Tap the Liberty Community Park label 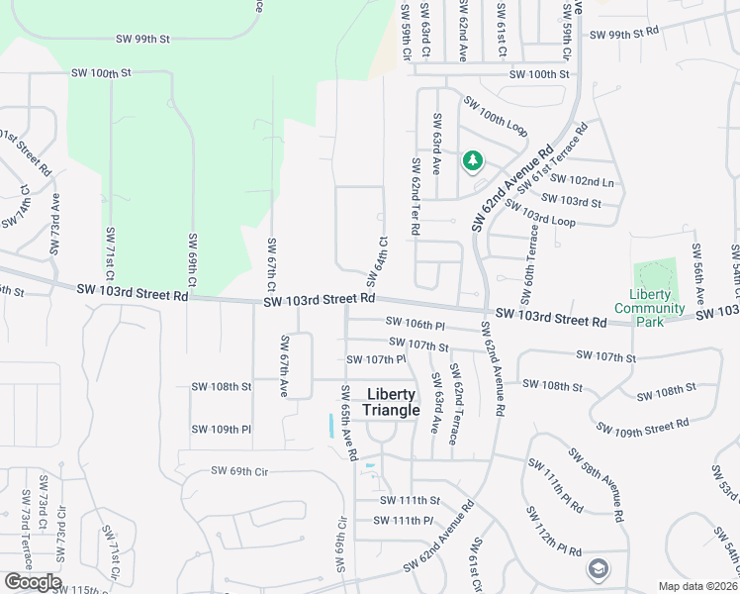[649, 301]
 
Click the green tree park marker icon [473, 160]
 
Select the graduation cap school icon [597, 568]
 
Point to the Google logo [32, 582]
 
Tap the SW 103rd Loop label [539, 212]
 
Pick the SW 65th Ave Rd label [348, 421]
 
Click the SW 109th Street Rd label [642, 426]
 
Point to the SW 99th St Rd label [623, 34]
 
